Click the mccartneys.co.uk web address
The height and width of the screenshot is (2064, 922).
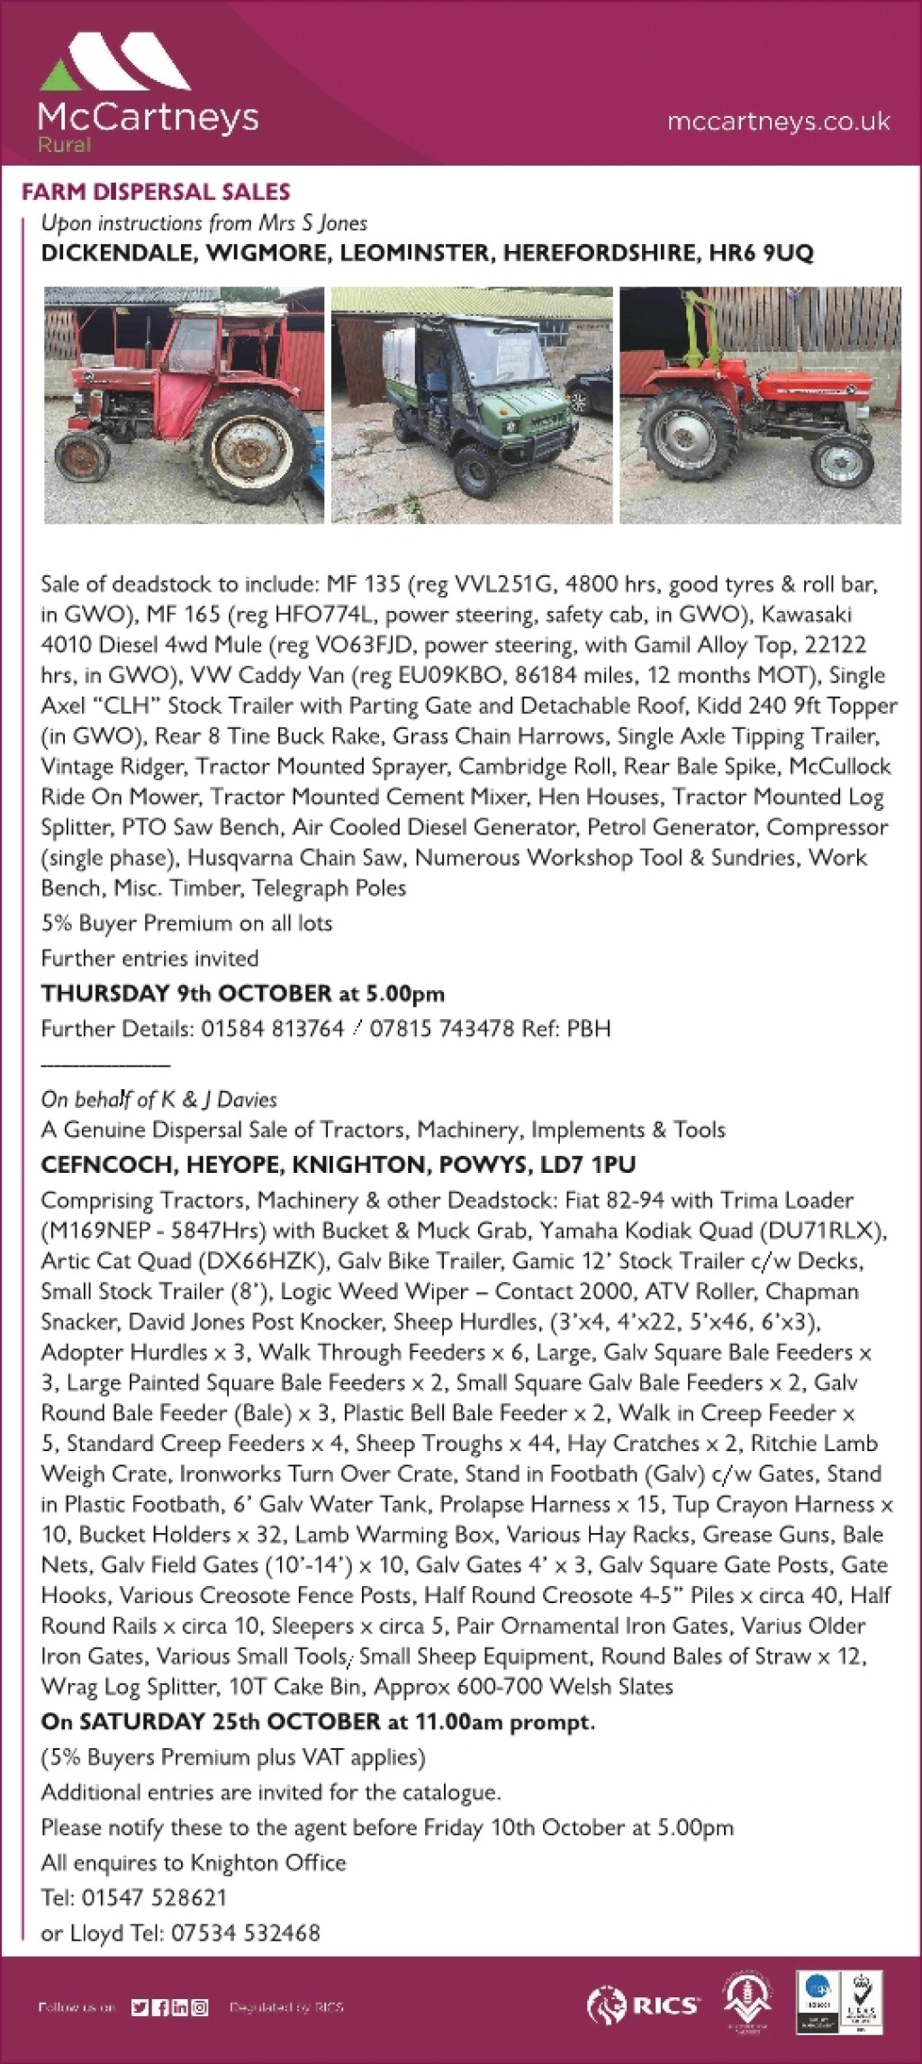click(x=778, y=122)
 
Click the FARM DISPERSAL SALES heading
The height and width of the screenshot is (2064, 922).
click(x=156, y=192)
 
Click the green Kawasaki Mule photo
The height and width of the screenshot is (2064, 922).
click(x=472, y=405)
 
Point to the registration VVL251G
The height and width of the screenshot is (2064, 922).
click(x=496, y=584)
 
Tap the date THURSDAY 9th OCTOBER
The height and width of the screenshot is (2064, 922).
click(x=186, y=994)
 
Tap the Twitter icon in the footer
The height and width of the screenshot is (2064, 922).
click(x=139, y=2006)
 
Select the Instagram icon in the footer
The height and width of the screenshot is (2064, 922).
click(x=199, y=2006)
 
